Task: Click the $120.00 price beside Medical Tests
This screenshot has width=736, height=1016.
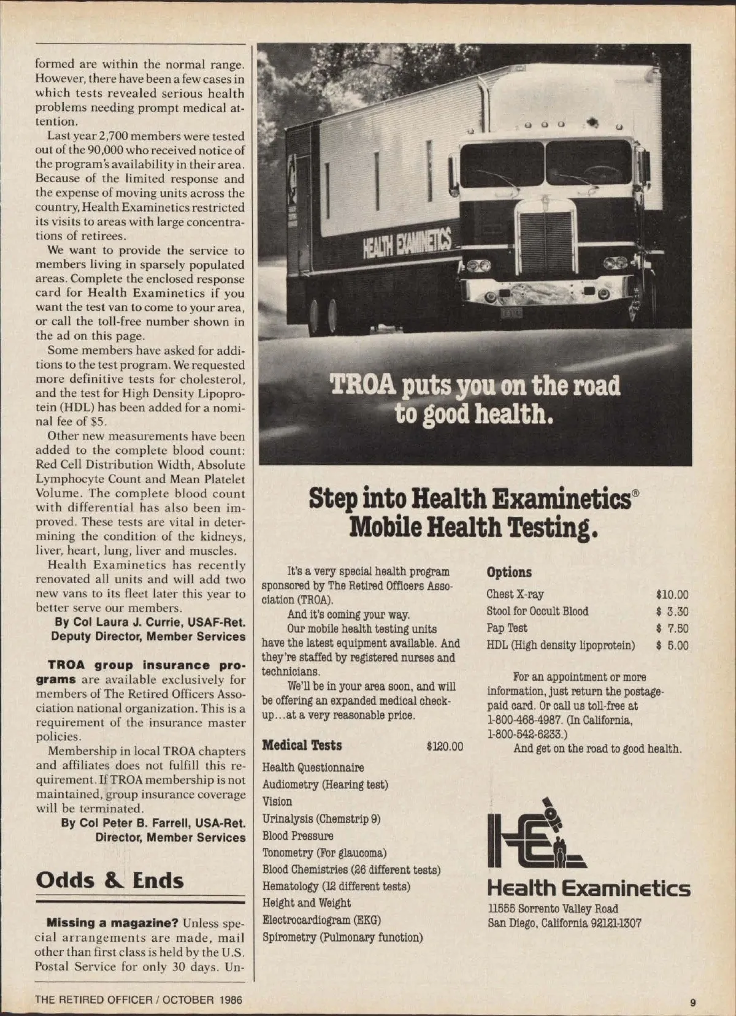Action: [445, 746]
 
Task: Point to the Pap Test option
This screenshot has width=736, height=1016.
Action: [507, 628]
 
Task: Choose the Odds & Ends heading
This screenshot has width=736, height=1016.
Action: [110, 880]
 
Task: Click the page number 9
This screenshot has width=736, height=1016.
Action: [692, 1003]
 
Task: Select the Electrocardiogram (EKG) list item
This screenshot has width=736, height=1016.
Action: [321, 920]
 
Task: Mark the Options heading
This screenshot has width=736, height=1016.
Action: [509, 572]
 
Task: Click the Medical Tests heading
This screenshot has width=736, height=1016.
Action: [302, 746]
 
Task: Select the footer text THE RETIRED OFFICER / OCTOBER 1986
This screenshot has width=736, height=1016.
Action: [139, 999]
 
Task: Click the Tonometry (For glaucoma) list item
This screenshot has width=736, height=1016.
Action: [324, 853]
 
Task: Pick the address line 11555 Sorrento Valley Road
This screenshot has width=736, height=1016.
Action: [553, 909]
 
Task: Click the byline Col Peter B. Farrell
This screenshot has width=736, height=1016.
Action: [163, 823]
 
